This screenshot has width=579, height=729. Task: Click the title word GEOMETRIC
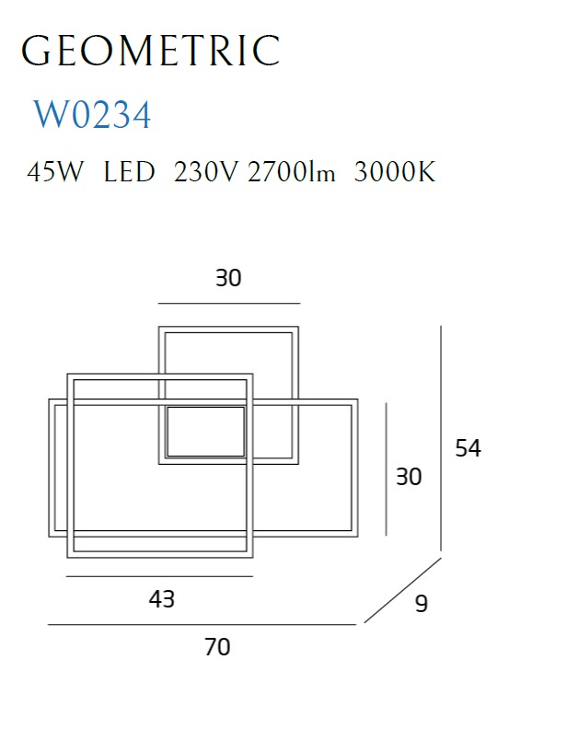(150, 51)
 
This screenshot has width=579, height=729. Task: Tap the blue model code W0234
(93, 114)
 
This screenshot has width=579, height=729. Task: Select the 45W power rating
(55, 172)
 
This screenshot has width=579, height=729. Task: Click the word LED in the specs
(129, 172)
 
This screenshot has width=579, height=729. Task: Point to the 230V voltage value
(205, 172)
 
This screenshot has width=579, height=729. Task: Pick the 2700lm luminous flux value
(291, 172)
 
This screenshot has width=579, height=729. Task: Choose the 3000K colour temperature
(394, 172)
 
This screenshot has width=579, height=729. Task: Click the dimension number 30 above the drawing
(228, 278)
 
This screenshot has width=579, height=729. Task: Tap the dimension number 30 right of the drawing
(409, 477)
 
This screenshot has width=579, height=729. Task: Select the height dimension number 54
(468, 448)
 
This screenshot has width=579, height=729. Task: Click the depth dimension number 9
(422, 604)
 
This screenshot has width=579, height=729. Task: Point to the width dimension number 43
(162, 599)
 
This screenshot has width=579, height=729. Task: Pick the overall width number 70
(217, 647)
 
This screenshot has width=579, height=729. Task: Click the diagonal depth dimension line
(402, 590)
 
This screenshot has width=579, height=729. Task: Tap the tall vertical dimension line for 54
(441, 438)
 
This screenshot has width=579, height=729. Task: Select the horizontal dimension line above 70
(202, 625)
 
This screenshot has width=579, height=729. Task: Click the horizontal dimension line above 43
(159, 576)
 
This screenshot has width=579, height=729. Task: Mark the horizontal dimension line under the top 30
(229, 303)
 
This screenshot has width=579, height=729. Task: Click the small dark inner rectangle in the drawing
(205, 432)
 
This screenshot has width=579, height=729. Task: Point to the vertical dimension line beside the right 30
(386, 469)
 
